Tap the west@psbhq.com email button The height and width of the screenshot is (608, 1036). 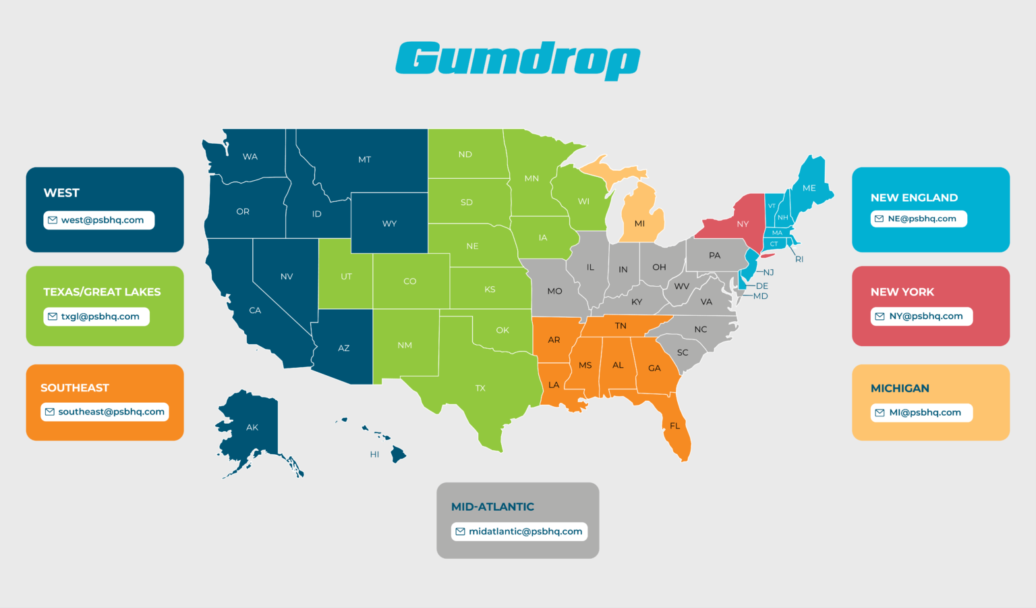(x=99, y=220)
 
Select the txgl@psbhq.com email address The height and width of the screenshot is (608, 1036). (x=96, y=316)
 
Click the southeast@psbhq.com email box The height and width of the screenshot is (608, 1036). (x=105, y=412)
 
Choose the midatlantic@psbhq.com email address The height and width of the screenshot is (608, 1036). (x=519, y=532)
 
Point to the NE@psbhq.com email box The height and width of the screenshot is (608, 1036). (x=919, y=219)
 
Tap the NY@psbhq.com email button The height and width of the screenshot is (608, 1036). (x=921, y=316)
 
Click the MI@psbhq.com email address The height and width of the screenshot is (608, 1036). (x=921, y=412)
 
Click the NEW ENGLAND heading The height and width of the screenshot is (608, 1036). (x=914, y=198)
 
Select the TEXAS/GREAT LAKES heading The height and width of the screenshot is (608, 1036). (x=102, y=292)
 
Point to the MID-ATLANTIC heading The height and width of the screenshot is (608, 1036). (x=492, y=507)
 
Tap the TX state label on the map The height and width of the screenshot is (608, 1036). (x=480, y=388)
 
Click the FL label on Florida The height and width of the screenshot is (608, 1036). (x=674, y=426)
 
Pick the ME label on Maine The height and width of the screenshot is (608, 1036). (x=809, y=188)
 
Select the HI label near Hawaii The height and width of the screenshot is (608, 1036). (x=374, y=454)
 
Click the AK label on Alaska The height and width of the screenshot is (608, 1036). (x=252, y=427)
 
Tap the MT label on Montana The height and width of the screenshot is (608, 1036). (x=364, y=160)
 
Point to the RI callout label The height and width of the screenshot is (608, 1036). (x=799, y=259)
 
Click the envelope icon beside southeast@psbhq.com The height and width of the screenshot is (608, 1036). (x=50, y=412)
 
